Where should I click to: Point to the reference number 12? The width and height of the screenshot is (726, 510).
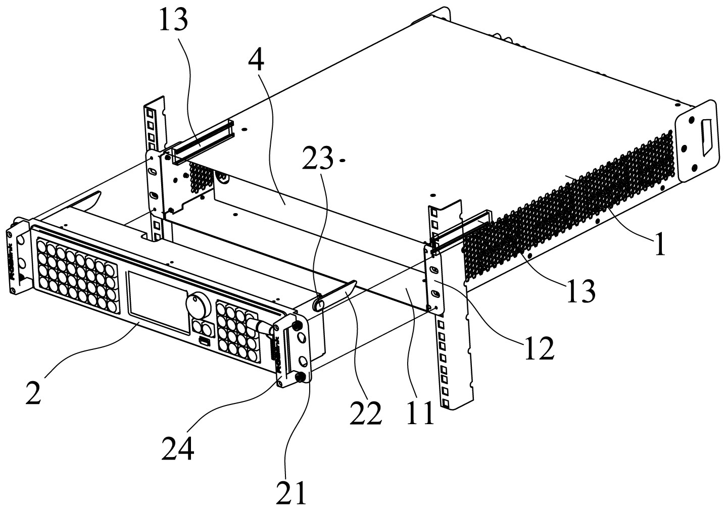[x=539, y=348]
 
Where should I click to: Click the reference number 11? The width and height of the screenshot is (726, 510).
[x=421, y=413]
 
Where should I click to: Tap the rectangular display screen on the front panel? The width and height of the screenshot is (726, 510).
[x=158, y=301]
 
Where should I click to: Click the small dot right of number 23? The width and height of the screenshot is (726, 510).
[x=343, y=161]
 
